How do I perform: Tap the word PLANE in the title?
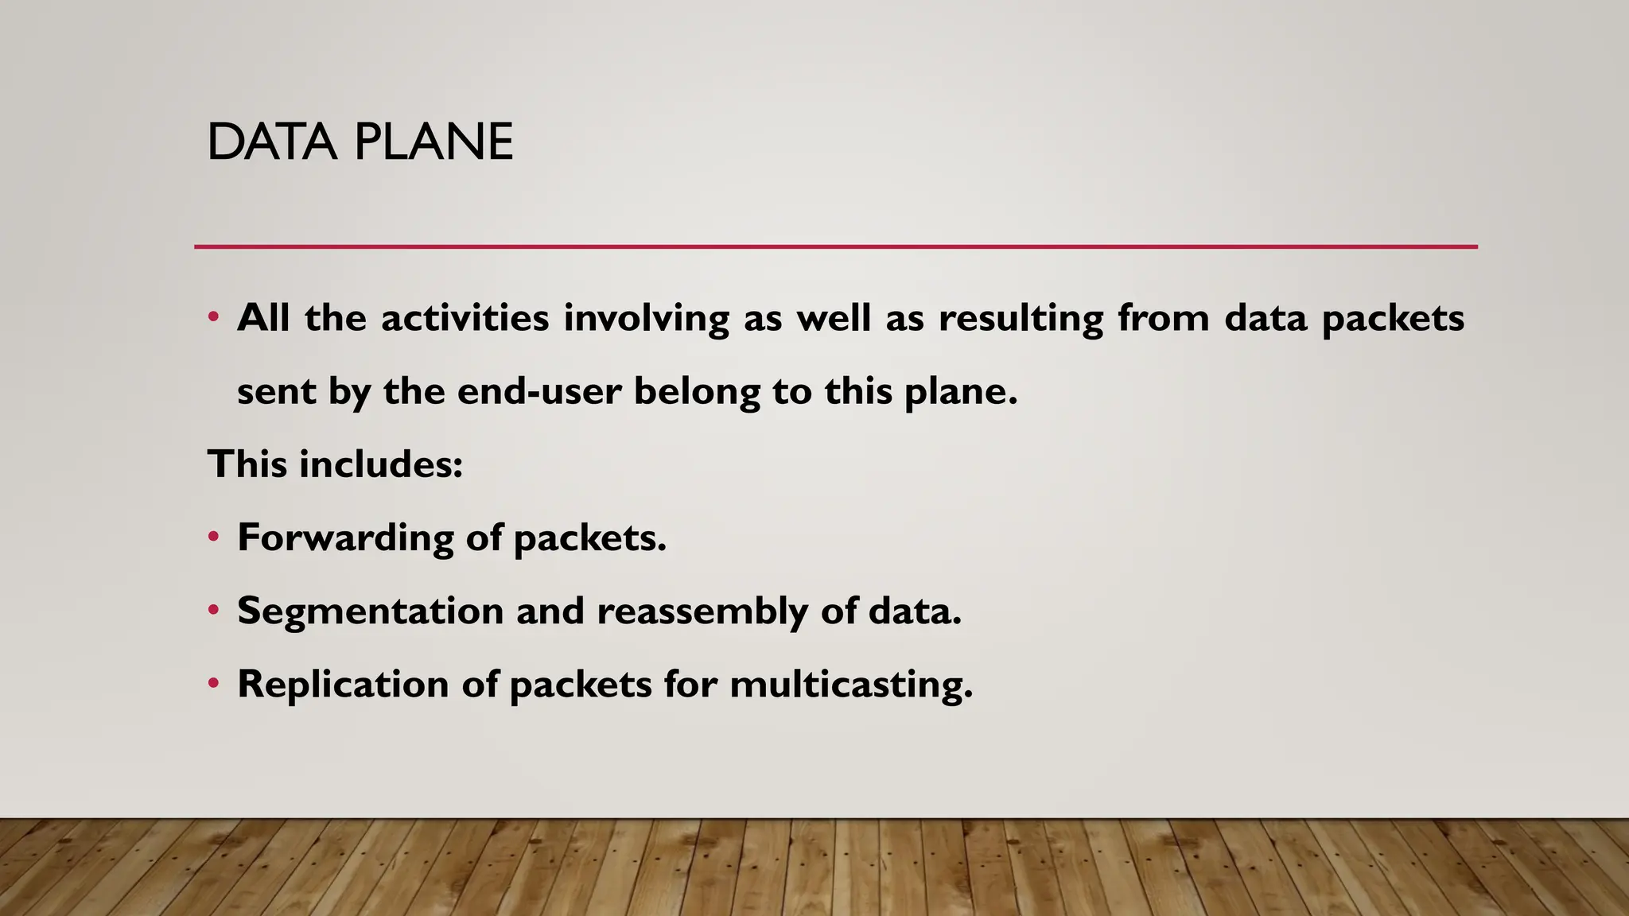pos(433,142)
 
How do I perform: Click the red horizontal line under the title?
pos(835,247)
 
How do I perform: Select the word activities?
pos(465,318)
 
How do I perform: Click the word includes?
pos(380,464)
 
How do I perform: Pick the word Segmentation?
pos(370,611)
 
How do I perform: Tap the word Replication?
pos(343,685)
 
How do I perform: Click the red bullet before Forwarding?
pos(213,537)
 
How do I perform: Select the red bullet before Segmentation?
pos(213,610)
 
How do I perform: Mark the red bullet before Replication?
pos(213,683)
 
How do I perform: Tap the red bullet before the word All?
pos(213,317)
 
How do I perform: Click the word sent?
pos(276,392)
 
